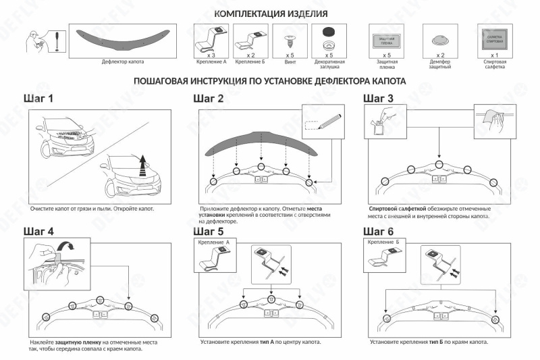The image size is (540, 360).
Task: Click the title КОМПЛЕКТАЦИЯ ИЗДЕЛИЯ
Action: tap(271, 14)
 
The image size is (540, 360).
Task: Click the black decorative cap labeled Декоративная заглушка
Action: tap(329, 32)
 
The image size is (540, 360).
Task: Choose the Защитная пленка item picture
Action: tap(387, 38)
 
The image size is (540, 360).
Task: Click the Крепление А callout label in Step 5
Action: tap(214, 241)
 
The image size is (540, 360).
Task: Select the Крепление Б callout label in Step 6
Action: tap(383, 241)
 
